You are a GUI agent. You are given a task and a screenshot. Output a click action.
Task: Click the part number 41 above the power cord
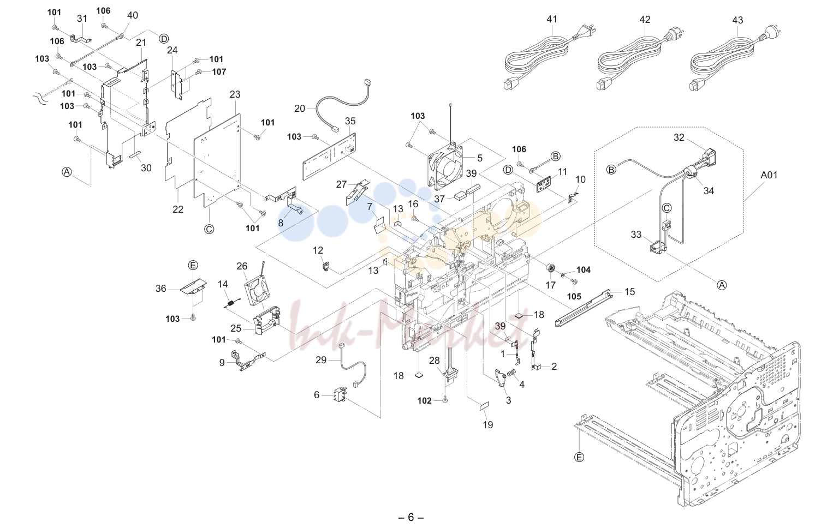[x=551, y=19]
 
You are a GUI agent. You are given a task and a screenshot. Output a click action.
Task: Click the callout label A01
[x=769, y=175]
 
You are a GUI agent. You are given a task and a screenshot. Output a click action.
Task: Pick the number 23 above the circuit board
[x=235, y=94]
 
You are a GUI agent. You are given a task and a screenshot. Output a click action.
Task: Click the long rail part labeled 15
[x=584, y=308]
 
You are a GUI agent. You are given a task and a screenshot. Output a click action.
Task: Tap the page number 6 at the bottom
[x=410, y=517]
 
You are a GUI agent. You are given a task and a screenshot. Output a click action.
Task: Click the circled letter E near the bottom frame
[x=579, y=457]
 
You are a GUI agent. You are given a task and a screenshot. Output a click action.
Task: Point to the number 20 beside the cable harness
[x=300, y=109]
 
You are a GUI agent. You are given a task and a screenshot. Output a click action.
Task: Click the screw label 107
[x=219, y=72]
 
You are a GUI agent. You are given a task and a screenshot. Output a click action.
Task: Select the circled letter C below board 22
[x=209, y=229]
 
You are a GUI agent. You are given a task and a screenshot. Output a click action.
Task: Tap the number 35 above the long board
[x=350, y=121]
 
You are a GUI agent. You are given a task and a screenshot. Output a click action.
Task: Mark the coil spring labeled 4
[x=511, y=375]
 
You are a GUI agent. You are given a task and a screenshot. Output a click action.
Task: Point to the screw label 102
[x=425, y=400]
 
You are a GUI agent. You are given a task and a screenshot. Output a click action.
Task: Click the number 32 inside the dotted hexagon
[x=679, y=137]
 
